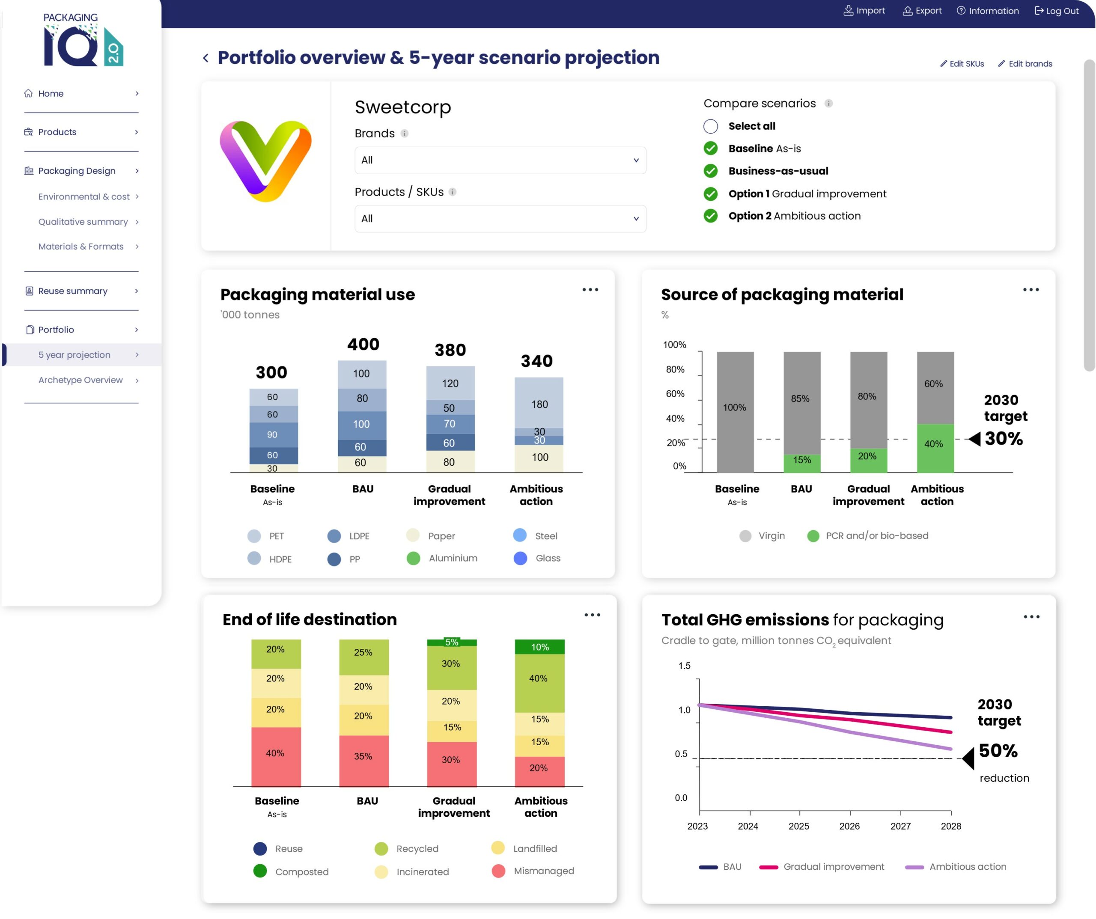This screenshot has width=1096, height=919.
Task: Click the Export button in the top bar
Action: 922,11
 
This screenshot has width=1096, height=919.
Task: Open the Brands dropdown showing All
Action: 500,160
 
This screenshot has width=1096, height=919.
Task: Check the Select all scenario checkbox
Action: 710,126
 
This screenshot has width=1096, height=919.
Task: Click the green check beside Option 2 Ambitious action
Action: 710,216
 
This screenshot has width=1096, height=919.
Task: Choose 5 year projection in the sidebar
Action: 74,355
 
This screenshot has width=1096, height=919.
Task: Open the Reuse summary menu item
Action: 73,291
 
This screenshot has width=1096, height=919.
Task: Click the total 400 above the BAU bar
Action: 363,345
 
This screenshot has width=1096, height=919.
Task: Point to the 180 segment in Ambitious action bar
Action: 539,404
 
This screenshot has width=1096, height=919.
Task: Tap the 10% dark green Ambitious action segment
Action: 539,647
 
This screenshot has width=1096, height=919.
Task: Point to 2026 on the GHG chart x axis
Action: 849,826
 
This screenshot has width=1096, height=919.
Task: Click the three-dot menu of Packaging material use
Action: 590,290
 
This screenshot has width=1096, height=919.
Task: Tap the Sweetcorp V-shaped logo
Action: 265,161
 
